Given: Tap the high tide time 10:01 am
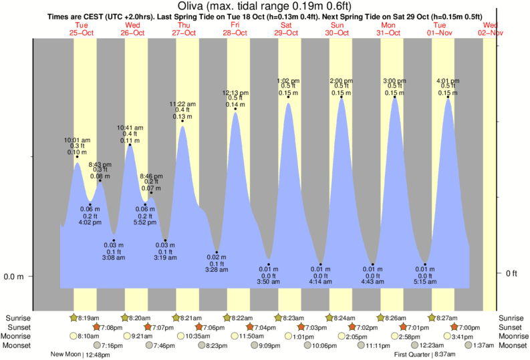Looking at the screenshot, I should [78, 140].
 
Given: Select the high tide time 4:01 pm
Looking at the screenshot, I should [448, 81].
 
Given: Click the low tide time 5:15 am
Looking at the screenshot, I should [425, 283].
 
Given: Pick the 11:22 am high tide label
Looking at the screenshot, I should [182, 104].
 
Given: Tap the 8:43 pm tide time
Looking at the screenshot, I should [100, 164].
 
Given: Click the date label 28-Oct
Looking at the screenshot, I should [235, 32].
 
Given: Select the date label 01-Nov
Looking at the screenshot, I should [444, 32].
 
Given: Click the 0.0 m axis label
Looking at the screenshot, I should [13, 277].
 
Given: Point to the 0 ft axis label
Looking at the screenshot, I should [511, 273].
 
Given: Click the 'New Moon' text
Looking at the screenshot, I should [65, 355].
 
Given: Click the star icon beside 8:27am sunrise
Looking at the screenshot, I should [432, 318].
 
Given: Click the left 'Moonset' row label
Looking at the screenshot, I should [17, 345].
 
